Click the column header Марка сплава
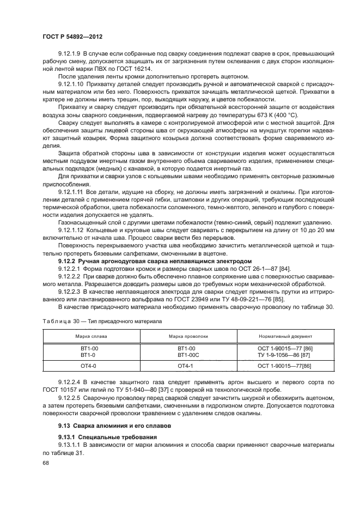[88, 336]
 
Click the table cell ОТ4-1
[186, 366]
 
